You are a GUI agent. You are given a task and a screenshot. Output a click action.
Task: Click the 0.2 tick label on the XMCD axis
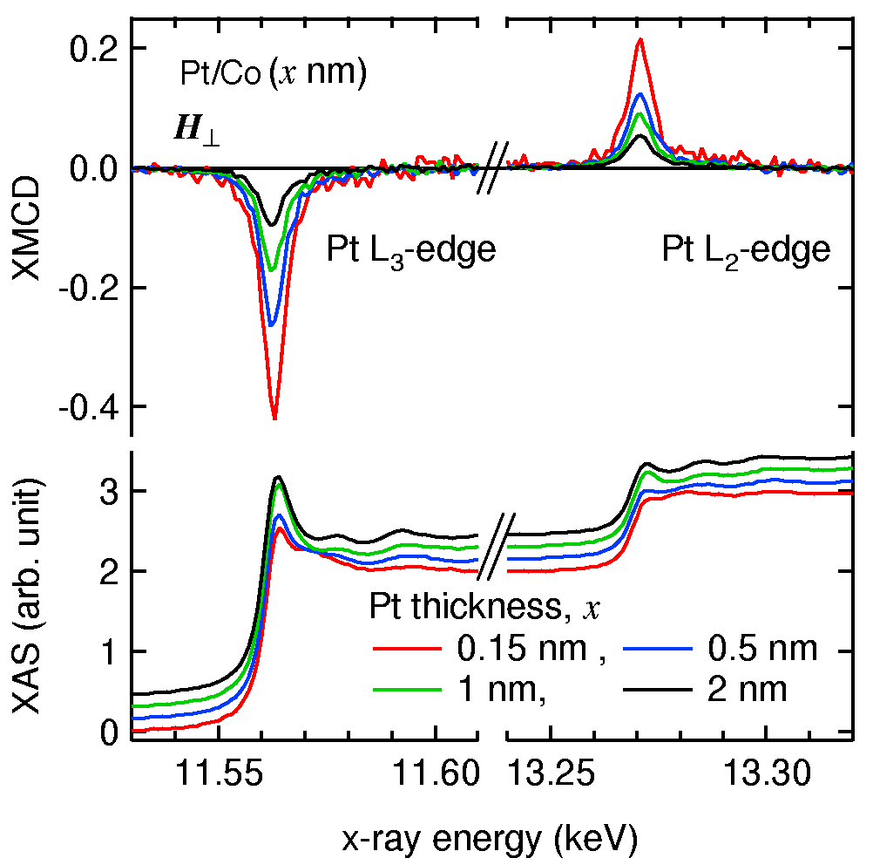[x=93, y=48]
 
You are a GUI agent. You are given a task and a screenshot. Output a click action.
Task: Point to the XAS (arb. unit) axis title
[x=32, y=595]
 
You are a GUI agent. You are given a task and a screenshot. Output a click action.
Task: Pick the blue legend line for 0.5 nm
[x=659, y=649]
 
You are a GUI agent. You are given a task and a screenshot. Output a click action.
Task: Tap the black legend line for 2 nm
[x=659, y=691]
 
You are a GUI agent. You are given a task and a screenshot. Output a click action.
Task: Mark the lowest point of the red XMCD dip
[x=274, y=419]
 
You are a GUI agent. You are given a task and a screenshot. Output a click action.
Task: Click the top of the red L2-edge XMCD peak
[x=640, y=39]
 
